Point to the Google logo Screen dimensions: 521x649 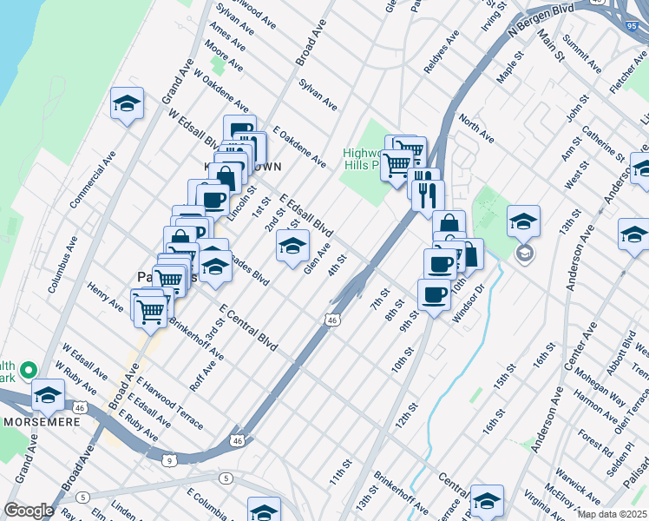tap(29, 510)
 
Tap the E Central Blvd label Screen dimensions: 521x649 tap(248, 328)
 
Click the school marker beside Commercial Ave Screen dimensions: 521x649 tap(127, 104)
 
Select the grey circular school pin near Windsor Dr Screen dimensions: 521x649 tap(524, 253)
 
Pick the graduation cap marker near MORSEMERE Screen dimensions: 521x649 tap(48, 395)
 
